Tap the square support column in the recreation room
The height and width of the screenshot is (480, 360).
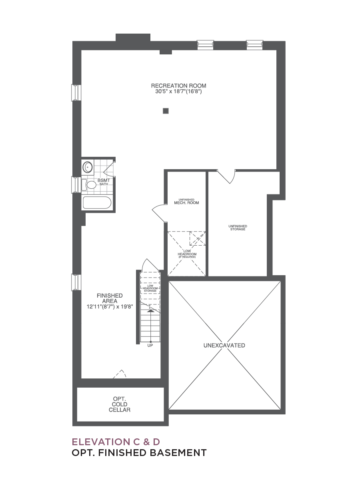166,111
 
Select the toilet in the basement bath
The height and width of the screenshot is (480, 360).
89,185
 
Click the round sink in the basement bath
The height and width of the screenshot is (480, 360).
88,167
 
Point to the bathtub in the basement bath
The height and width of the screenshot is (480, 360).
97,202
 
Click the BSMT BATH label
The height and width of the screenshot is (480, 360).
104,182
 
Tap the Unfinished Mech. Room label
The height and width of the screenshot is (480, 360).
186,202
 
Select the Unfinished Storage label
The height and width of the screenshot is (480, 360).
238,228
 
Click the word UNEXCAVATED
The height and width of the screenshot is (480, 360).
224,345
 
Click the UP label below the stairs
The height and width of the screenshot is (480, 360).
150,346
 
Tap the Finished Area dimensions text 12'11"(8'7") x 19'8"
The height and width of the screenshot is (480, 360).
110,306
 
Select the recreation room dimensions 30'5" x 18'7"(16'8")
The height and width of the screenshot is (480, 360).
178,91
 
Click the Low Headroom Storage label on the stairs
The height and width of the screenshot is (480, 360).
150,288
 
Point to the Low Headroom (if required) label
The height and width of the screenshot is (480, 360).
187,254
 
